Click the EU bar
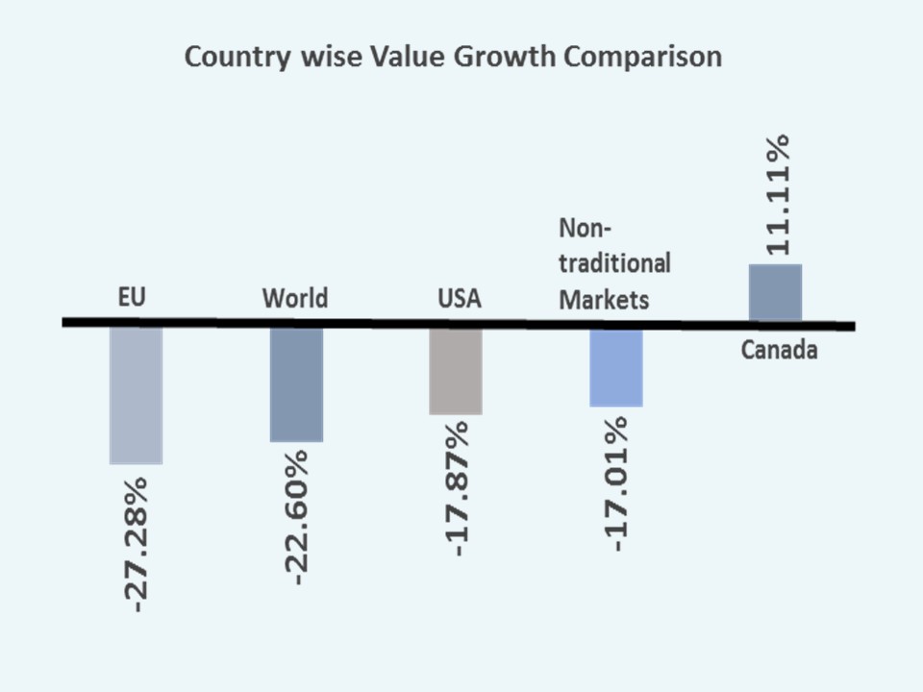pos(136,396)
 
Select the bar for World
pos(296,384)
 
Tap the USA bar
pos(456,371)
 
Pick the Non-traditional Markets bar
pos(615,367)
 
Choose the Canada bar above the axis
pos(775,292)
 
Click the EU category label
pos(132,297)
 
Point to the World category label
pos(295,298)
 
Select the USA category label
pos(459,299)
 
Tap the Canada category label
pos(779,350)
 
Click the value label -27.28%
pos(137,543)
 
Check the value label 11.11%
pos(776,195)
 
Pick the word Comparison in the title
pos(642,57)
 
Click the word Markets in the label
pos(604,300)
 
